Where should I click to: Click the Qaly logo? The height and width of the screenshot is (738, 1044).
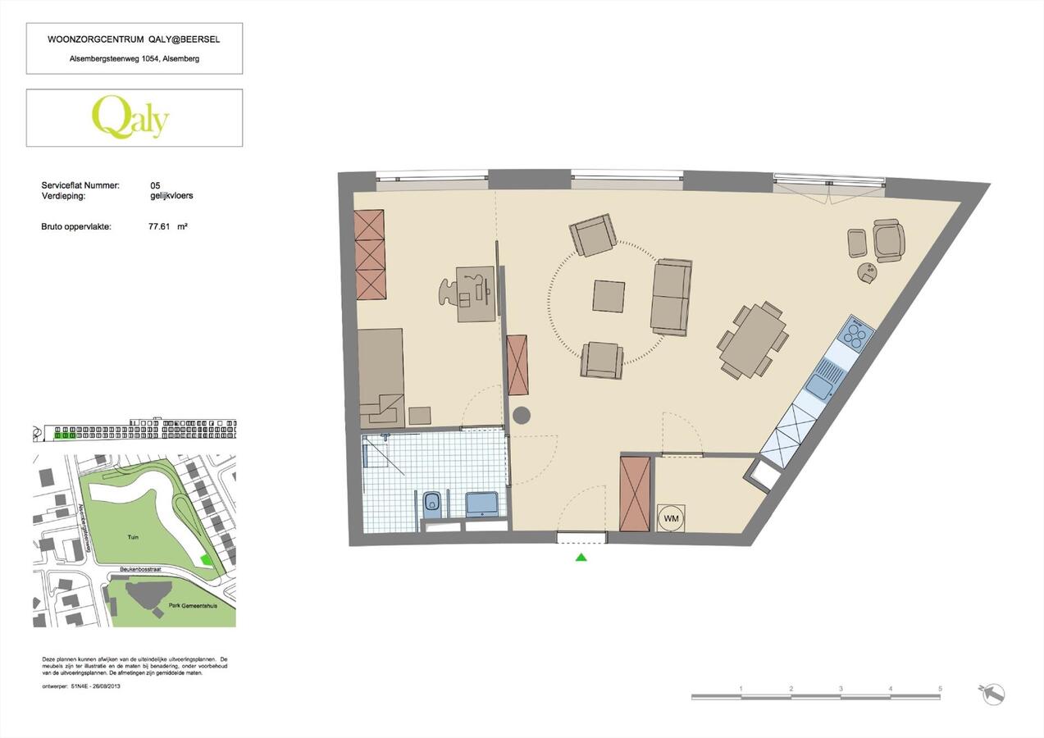130,117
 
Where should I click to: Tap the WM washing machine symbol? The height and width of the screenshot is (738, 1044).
671,518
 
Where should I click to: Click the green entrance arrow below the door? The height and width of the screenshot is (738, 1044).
581,558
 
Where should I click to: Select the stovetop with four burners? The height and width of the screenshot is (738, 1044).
856,333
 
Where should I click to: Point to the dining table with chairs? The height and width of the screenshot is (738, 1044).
753,340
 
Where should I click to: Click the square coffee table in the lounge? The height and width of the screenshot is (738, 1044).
609,296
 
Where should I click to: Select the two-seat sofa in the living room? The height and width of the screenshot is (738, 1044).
671,297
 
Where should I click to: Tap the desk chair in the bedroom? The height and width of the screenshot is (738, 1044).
447,294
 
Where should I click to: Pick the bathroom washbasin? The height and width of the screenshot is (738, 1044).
482,503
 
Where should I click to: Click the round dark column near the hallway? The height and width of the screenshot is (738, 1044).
522,416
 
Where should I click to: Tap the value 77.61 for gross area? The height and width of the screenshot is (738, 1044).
159,226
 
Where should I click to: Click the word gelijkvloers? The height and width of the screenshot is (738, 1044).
171,196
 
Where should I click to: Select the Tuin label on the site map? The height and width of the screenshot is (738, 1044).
134,537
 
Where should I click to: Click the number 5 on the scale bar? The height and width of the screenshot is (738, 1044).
940,689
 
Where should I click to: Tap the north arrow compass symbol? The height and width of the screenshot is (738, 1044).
992,694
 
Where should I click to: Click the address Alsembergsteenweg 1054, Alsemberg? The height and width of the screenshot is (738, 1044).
134,59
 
